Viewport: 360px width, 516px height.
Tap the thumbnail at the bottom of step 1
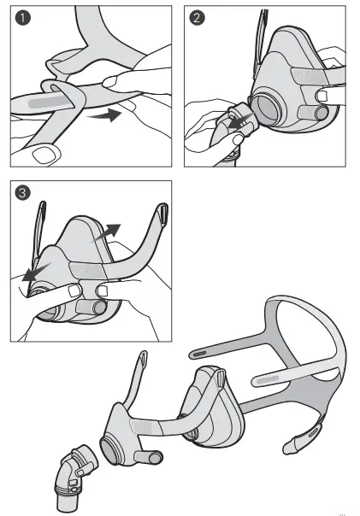(x=40, y=155)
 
